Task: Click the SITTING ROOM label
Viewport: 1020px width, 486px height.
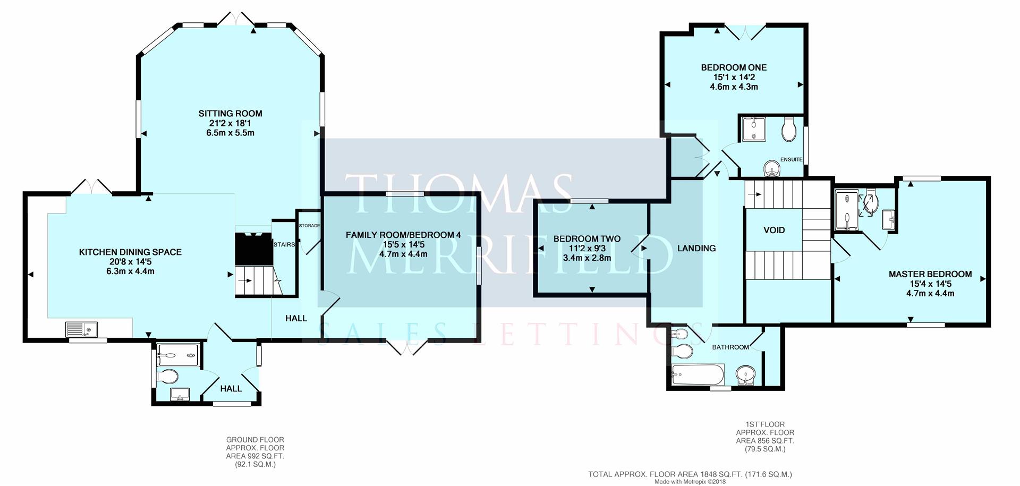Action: pos(230,113)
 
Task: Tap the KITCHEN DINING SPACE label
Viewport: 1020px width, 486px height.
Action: pos(130,252)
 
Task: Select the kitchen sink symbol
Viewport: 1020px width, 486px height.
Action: pos(79,330)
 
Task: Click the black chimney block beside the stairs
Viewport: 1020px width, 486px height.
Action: pos(253,249)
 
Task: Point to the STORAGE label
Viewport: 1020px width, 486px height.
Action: pos(309,226)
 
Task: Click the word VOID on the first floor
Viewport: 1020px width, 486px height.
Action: pos(774,230)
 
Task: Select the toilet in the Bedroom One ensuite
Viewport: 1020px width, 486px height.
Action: pos(788,129)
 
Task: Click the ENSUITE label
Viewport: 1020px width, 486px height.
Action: pos(791,159)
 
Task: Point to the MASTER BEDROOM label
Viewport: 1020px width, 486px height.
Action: pos(930,274)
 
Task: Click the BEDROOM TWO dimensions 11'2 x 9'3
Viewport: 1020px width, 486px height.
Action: pos(586,249)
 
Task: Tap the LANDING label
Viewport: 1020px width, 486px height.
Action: pos(696,248)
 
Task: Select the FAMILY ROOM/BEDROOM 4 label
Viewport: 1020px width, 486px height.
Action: pos(403,235)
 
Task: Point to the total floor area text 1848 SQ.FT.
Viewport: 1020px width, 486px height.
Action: pos(690,474)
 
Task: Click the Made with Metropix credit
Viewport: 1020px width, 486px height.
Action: pos(690,482)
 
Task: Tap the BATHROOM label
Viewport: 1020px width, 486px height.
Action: pos(730,347)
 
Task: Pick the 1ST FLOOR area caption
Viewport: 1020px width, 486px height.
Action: pos(764,437)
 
